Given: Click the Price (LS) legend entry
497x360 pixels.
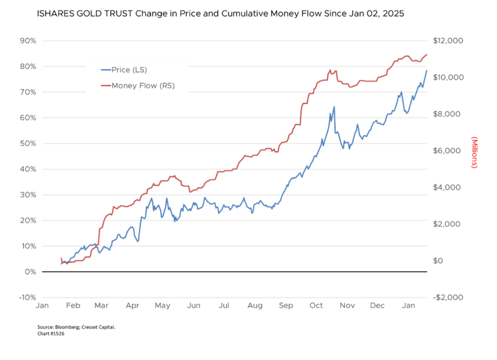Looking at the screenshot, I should pyautogui.click(x=129, y=70).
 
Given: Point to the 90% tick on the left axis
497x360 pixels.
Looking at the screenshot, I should pyautogui.click(x=28, y=41).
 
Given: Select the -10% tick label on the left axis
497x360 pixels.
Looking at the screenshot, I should pyautogui.click(x=27, y=297).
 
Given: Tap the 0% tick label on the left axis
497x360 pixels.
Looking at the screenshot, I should pyautogui.click(x=30, y=272).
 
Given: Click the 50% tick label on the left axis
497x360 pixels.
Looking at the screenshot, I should pyautogui.click(x=28, y=144).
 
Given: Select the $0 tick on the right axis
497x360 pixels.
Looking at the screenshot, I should pyautogui.click(x=439, y=261).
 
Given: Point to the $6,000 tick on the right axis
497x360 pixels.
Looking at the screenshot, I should pyautogui.click(x=447, y=151).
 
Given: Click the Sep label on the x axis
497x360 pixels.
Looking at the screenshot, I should pyautogui.click(x=286, y=306).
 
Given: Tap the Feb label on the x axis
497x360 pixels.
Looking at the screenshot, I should pyautogui.click(x=73, y=306).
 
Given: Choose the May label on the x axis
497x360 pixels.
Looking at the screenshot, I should pyautogui.click(x=163, y=306).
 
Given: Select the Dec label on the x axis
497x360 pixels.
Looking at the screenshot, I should pyautogui.click(x=377, y=306).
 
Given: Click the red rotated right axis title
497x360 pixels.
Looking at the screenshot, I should pyautogui.click(x=474, y=152).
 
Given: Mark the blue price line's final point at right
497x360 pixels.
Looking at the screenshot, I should pyautogui.click(x=427, y=70).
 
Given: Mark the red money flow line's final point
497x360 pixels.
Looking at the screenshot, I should pyautogui.click(x=427, y=54).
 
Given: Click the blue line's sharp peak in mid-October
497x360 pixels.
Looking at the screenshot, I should pyautogui.click(x=334, y=107).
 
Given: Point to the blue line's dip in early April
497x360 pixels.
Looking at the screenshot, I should pyautogui.click(x=138, y=241).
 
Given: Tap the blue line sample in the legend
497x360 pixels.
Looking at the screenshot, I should pyautogui.click(x=105, y=70).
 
